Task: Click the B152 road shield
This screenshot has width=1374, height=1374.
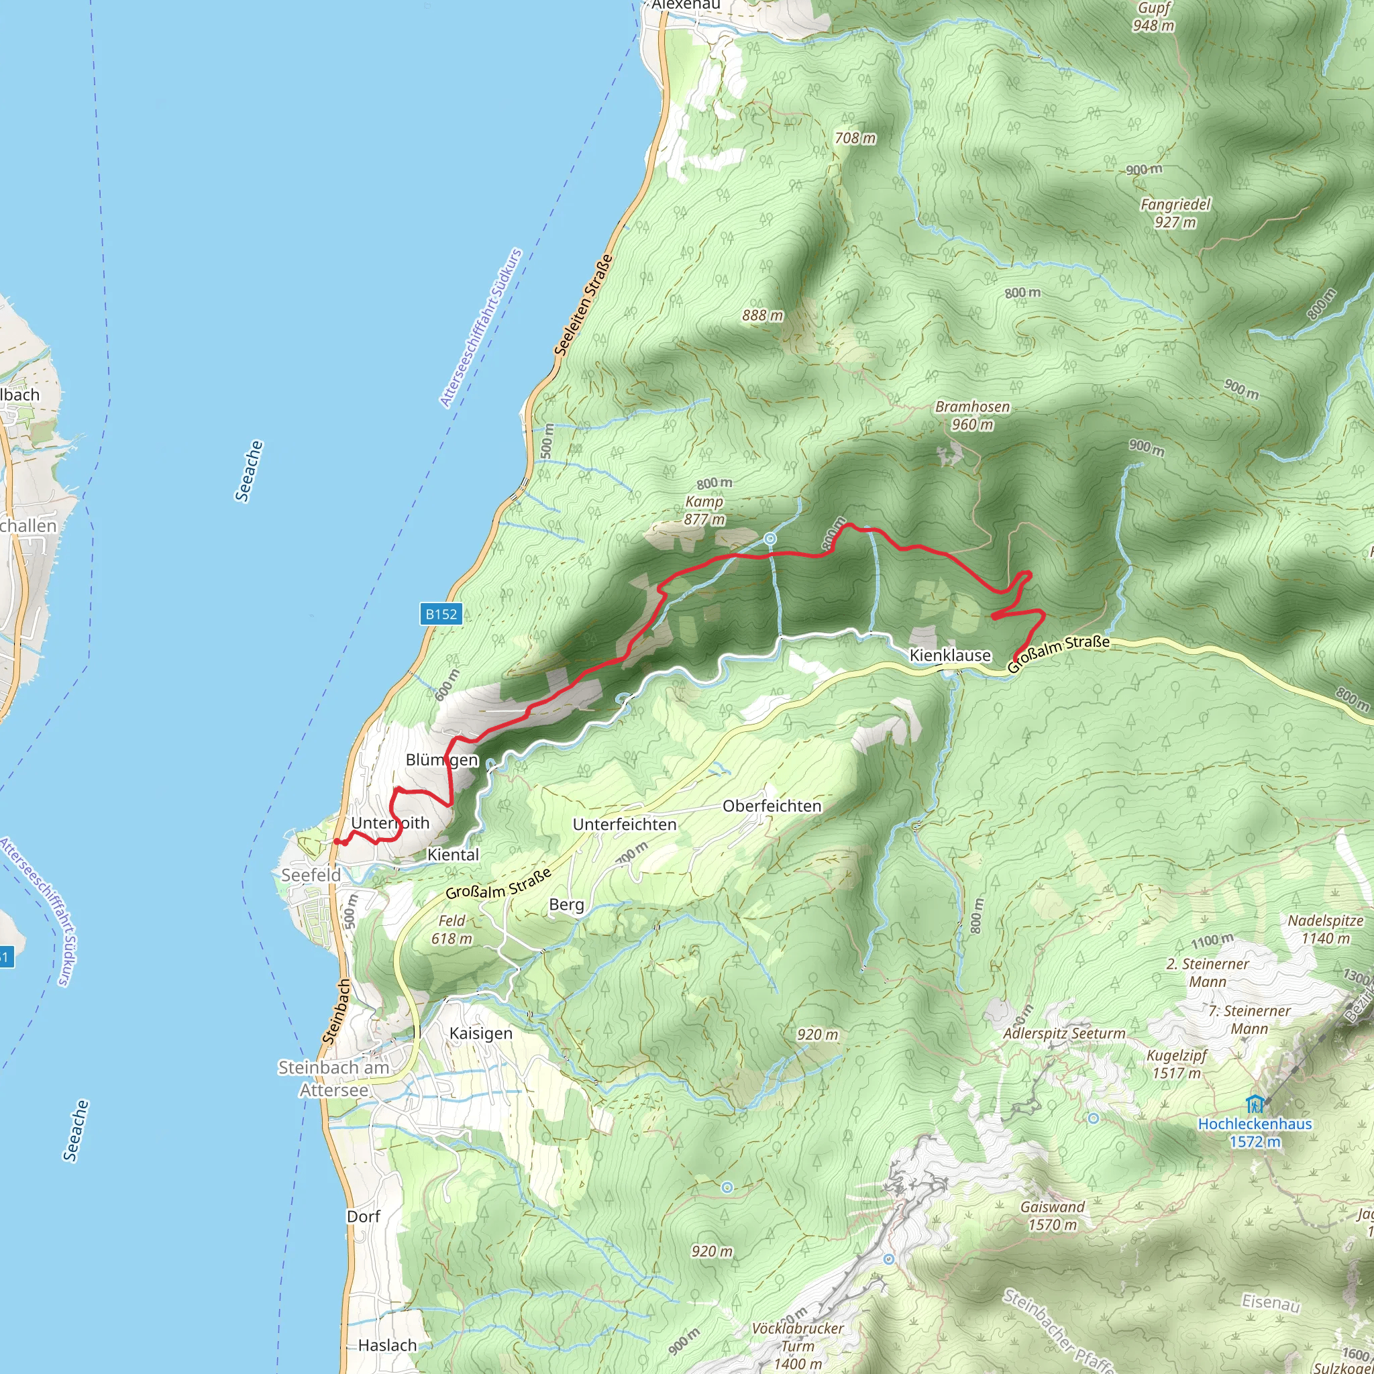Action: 441,614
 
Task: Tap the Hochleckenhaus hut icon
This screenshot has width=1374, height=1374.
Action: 1254,1104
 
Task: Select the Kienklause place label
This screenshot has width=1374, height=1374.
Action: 950,655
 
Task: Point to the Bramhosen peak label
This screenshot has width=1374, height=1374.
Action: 972,415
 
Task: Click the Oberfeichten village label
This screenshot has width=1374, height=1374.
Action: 772,806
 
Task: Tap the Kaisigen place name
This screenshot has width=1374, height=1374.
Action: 481,1033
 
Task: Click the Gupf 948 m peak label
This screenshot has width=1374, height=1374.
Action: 1153,16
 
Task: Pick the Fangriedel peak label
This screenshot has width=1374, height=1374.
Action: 1175,213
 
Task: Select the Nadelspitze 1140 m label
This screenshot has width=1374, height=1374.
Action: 1326,929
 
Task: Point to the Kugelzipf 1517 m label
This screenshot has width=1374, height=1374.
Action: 1176,1064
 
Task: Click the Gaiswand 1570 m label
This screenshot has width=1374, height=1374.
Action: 1053,1216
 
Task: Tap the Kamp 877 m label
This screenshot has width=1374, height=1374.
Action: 704,510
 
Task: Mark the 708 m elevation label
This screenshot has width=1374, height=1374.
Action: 855,138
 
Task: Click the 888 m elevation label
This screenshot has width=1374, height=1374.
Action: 762,315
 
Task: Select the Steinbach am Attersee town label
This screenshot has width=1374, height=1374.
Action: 333,1078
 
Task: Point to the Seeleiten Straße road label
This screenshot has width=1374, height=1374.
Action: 583,305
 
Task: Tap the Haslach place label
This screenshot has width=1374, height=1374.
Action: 388,1345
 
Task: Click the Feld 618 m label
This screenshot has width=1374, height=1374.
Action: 452,929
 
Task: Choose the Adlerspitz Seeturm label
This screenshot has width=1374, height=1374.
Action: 1064,1033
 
